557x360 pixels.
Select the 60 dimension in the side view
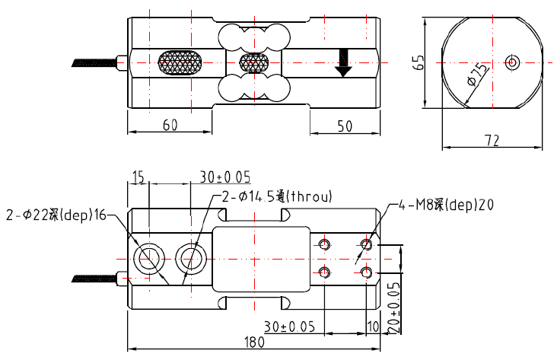point(170,126)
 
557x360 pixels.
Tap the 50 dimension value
point(344,126)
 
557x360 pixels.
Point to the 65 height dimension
point(418,62)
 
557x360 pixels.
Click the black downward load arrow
point(343,62)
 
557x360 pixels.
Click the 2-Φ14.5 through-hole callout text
point(277,196)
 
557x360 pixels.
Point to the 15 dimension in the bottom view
point(138,177)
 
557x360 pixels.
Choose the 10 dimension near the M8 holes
point(372,325)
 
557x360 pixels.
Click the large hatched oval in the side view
point(180,62)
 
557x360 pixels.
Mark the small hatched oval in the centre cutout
point(254,62)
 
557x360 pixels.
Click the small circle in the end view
point(512,62)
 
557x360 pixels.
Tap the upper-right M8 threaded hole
point(367,244)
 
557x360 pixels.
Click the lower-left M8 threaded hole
point(325,272)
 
